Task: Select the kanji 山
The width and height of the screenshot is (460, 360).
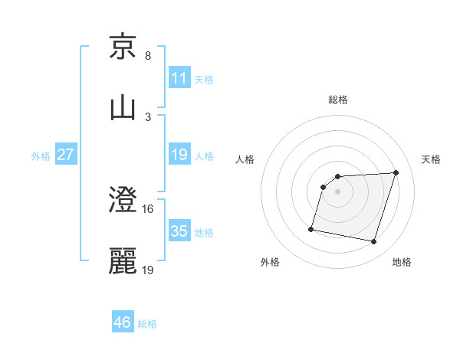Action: tap(123, 107)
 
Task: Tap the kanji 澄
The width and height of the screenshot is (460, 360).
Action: tap(123, 200)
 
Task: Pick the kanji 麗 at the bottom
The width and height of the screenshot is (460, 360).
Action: tap(123, 261)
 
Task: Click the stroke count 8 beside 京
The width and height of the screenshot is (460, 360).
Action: tap(148, 56)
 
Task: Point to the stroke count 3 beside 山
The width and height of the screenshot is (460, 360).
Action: tap(148, 116)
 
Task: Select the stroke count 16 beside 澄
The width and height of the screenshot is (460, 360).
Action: tap(149, 208)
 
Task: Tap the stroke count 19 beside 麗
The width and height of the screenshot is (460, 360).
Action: tap(149, 270)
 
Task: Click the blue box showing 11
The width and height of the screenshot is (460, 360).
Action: tap(179, 78)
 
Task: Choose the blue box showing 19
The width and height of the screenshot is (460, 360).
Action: tap(179, 155)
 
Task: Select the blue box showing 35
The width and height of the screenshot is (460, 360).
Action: tap(179, 231)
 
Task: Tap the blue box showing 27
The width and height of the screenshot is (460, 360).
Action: tap(65, 155)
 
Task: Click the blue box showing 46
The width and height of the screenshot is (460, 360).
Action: tap(123, 322)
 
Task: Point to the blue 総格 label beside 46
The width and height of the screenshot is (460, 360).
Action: tap(147, 324)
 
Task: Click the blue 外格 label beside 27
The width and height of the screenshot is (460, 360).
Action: tap(41, 156)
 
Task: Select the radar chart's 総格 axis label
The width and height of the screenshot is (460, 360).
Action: tap(338, 100)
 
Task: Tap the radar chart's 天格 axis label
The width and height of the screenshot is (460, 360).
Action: tap(432, 159)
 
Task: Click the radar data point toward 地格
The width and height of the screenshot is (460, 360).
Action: tap(373, 242)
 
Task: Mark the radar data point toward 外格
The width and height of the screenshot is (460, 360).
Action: tap(311, 229)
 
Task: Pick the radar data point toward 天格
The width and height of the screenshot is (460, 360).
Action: tap(396, 172)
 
